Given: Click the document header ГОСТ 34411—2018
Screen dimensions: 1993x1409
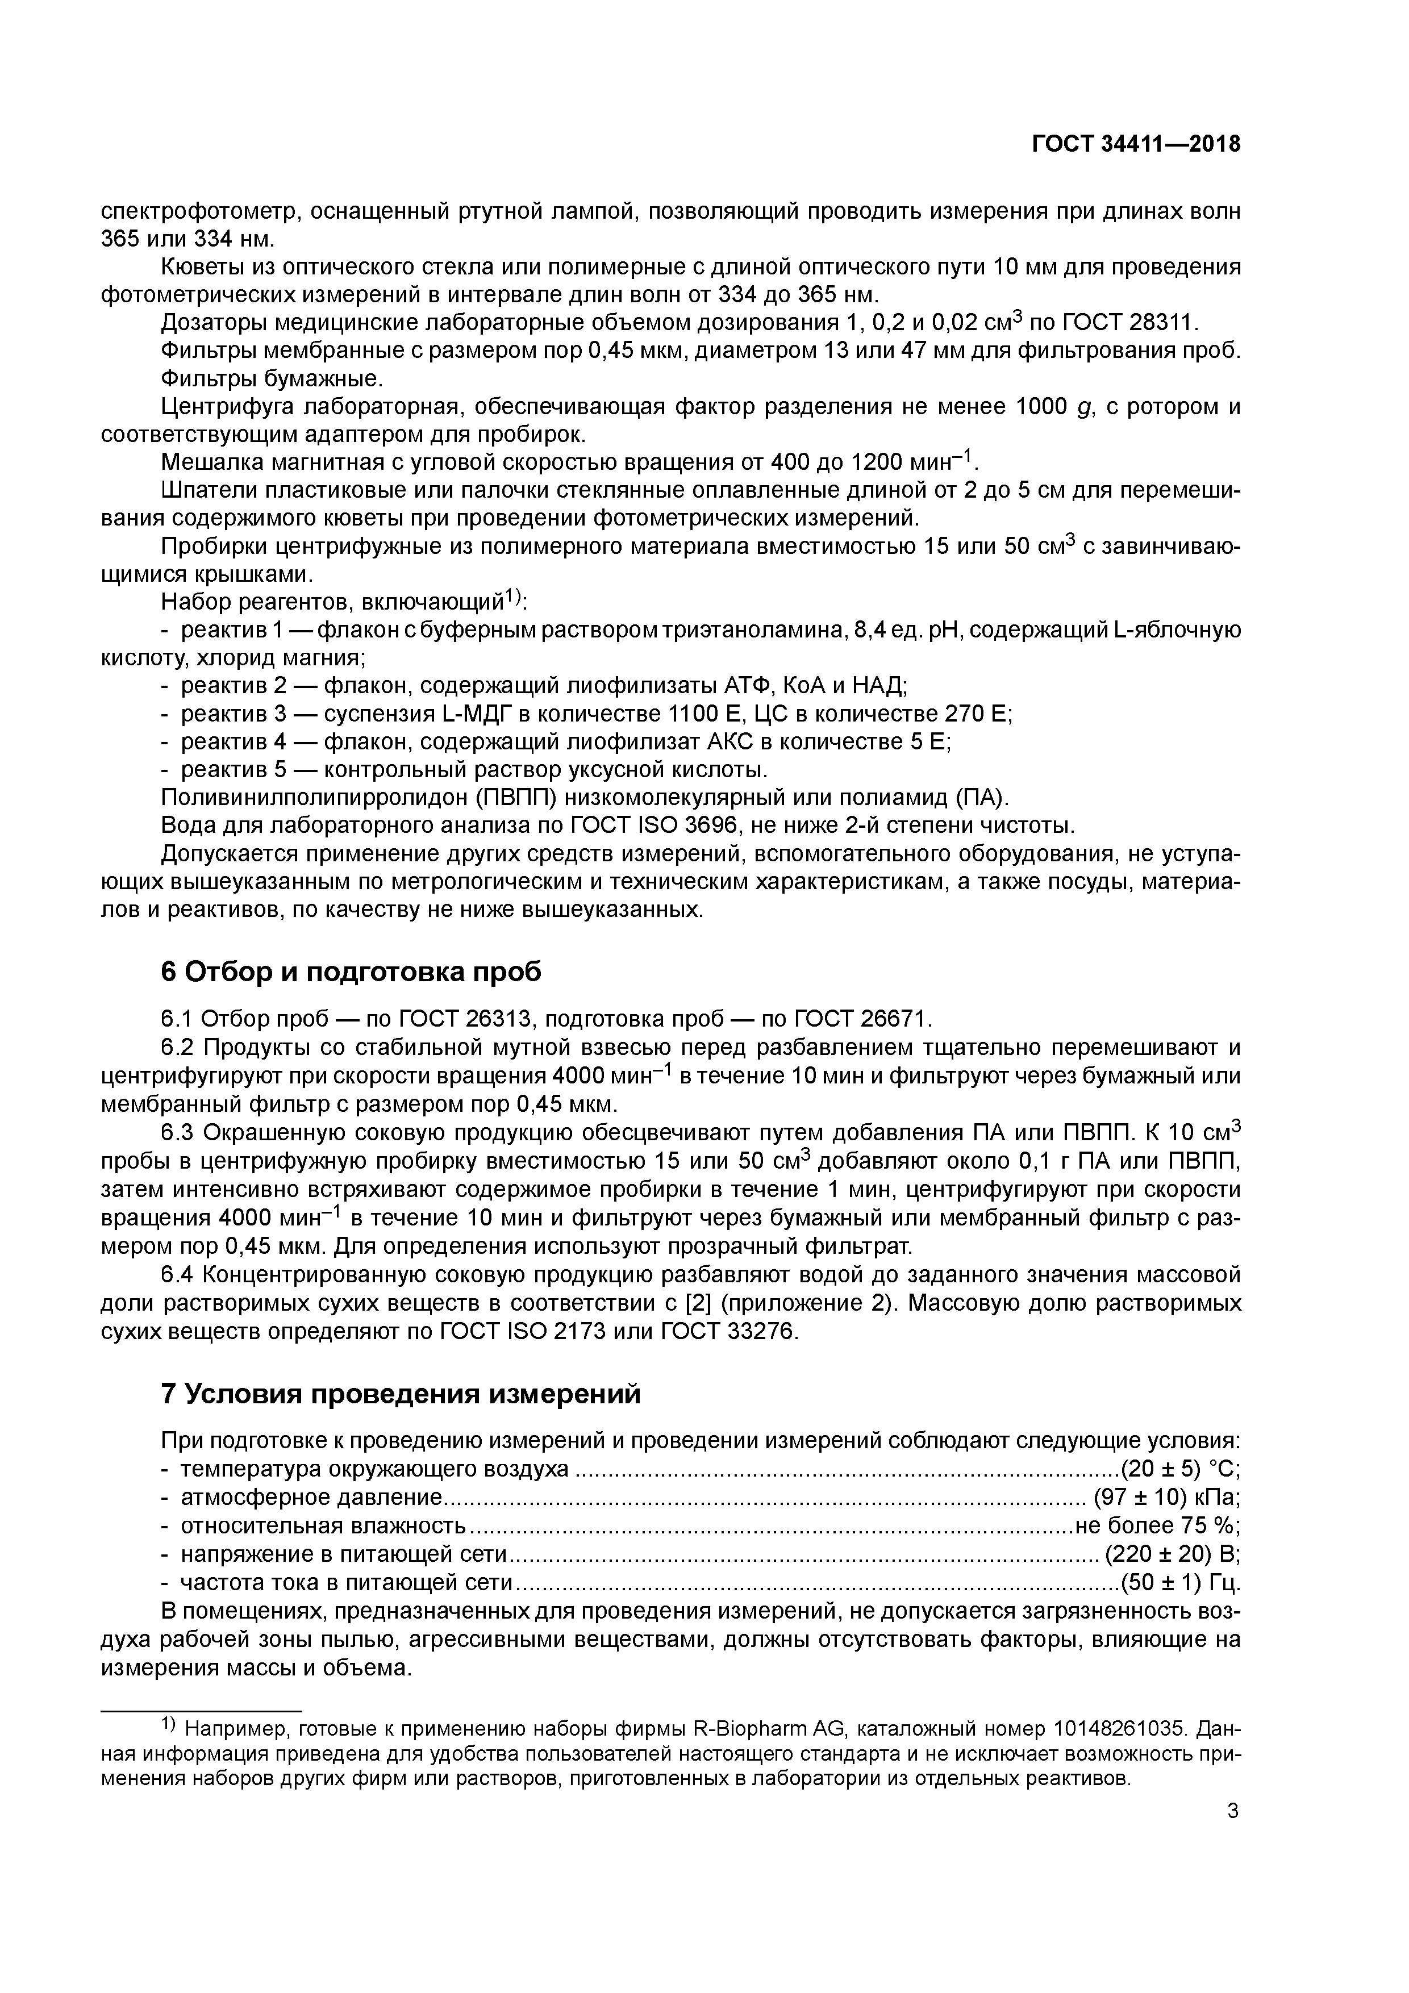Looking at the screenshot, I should coord(1136,145).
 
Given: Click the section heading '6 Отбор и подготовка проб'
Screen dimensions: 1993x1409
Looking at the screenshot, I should coord(351,972).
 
